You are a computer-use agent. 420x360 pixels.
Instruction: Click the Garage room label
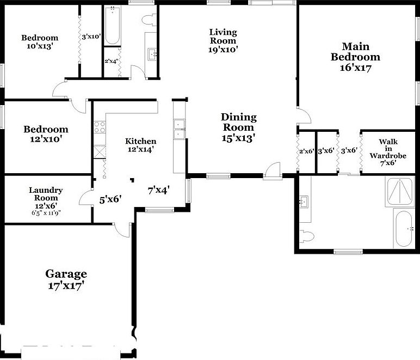[x=66, y=279]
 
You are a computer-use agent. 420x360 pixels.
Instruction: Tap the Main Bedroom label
[x=355, y=57]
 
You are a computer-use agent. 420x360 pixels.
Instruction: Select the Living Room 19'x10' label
[x=223, y=40]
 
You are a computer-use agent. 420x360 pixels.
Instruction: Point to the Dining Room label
[x=238, y=127]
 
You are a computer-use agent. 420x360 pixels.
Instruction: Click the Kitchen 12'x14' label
[x=141, y=145]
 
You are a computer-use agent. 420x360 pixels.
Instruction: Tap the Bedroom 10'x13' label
[x=40, y=42]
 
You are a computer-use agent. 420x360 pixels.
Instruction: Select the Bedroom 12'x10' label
[x=46, y=134]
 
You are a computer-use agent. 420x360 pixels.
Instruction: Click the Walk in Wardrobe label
[x=388, y=152]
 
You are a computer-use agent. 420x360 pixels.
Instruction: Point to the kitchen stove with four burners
[x=100, y=127]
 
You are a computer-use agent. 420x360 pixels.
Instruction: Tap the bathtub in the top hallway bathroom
[x=112, y=25]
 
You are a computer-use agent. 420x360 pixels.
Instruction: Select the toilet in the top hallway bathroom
[x=147, y=20]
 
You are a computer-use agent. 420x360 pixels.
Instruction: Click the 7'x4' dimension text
[x=159, y=191]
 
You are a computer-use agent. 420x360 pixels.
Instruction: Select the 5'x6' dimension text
[x=110, y=199]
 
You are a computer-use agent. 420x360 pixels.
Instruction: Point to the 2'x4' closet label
[x=112, y=61]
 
